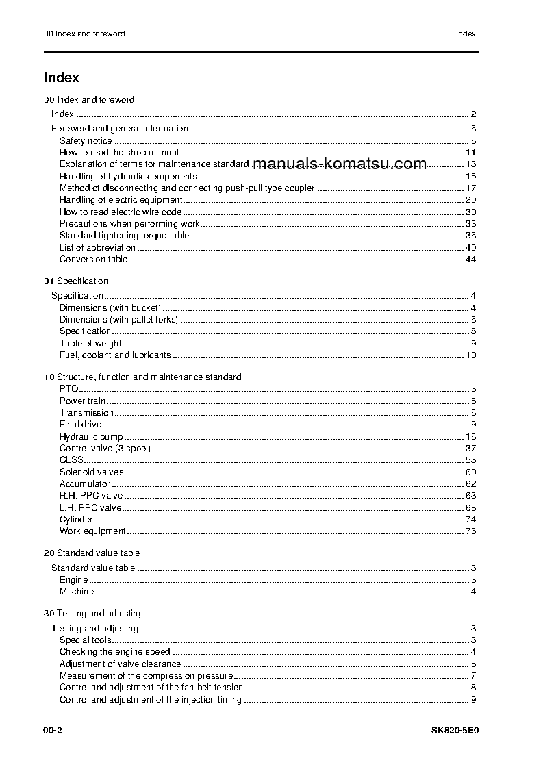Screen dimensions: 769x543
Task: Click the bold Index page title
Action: [62, 78]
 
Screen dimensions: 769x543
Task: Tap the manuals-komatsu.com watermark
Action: [340, 164]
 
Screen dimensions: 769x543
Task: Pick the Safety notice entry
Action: [86, 141]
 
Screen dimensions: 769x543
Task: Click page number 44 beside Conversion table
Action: [470, 260]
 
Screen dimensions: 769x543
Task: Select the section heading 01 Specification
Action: [76, 281]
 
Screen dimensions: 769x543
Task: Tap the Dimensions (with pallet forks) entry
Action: [118, 320]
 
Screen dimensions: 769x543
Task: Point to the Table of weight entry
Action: [90, 344]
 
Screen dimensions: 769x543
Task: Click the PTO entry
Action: [68, 389]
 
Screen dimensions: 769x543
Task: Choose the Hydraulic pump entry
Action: [91, 437]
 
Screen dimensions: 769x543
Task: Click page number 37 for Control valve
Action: [470, 449]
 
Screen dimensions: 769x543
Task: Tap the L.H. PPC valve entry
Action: [90, 508]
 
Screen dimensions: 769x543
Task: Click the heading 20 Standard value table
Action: [92, 553]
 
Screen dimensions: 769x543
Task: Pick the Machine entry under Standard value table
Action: [77, 592]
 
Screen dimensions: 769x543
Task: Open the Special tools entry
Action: [86, 640]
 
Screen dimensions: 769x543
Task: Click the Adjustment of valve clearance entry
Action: [120, 664]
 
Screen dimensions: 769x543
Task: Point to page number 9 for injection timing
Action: [473, 700]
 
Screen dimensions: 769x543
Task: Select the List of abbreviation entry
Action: [97, 248]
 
